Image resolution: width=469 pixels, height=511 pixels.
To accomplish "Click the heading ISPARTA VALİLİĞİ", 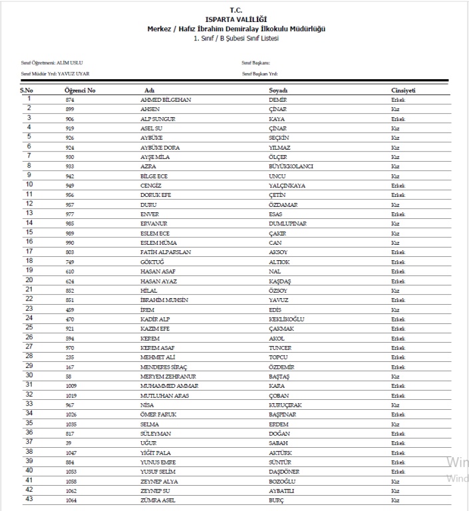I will point(235,21).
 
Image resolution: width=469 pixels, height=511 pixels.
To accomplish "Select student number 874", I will point(70,99).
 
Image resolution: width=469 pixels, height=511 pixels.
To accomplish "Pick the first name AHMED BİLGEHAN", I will point(166,99).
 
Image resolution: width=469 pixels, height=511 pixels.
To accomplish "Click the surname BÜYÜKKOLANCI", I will point(291,166).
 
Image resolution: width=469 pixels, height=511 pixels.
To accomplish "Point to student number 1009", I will point(71,385).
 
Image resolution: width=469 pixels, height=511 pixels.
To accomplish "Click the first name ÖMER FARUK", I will point(157,414).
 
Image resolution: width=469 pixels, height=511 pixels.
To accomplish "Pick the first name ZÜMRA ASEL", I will point(158,500).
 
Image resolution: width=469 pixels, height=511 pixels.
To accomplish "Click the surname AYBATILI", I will point(282,490).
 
